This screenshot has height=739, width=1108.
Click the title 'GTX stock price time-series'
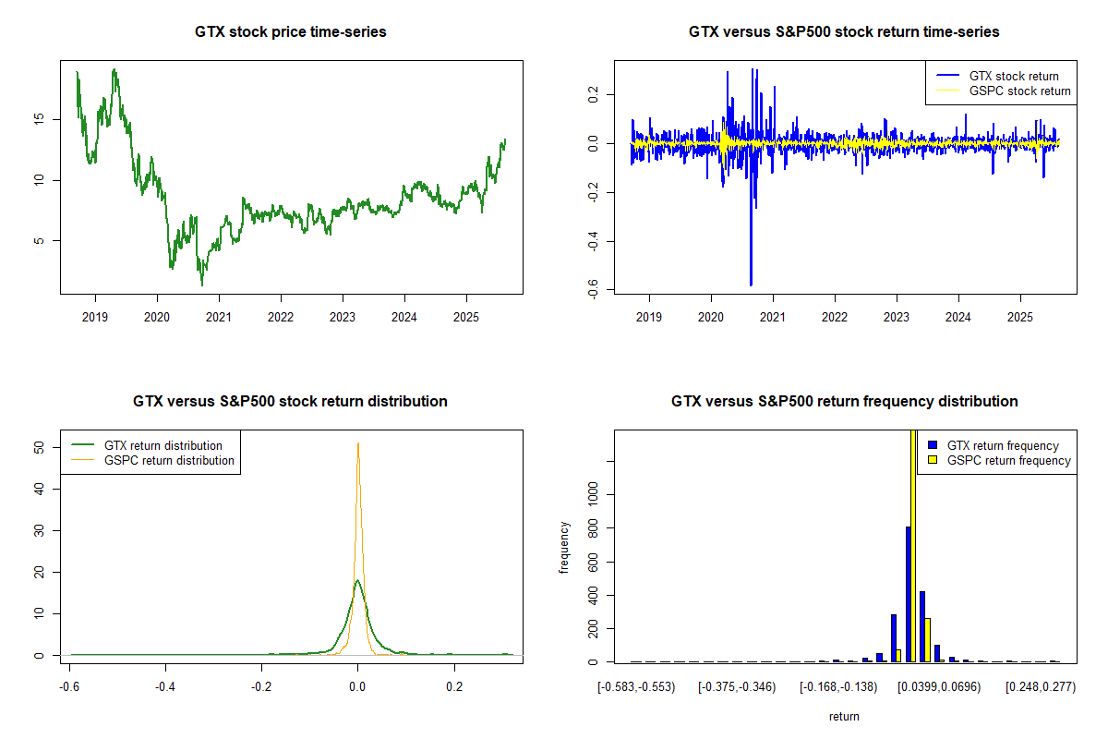pos(291,32)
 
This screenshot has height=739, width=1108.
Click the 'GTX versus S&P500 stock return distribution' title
pos(291,402)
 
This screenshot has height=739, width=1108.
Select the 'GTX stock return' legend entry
pos(1013,76)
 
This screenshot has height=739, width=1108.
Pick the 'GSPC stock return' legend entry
pos(1019,91)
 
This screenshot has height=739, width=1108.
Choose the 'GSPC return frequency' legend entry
pos(1008,460)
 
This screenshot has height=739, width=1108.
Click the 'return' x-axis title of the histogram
pos(844,717)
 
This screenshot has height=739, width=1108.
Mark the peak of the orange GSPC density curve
pos(357,443)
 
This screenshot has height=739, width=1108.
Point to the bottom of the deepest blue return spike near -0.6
pos(751,285)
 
